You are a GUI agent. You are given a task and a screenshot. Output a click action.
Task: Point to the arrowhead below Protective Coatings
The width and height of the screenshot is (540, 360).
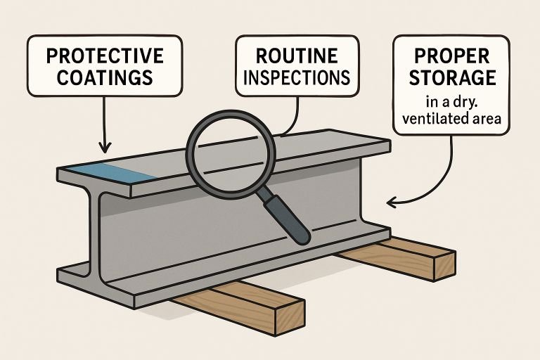pos(105,148)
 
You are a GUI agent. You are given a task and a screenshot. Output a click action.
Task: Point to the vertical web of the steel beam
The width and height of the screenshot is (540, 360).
pos(232,225)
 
